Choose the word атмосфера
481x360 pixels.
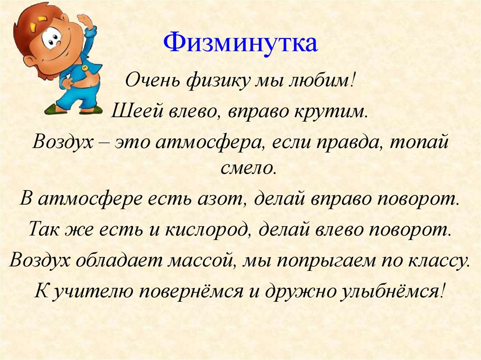[x=209, y=141]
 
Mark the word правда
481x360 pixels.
[x=355, y=141]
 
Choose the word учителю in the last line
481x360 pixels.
[x=93, y=292]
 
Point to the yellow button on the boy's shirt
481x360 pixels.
[x=84, y=68]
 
